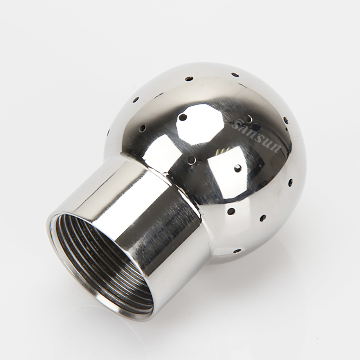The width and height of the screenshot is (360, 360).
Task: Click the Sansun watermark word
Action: pos(256,135)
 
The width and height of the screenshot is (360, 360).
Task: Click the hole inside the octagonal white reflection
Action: pos(183,117)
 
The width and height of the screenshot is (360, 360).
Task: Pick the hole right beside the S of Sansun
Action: pos(247,119)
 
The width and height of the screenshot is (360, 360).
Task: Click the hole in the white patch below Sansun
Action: pos(237,168)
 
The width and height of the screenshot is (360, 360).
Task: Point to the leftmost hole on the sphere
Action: pos(108,132)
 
